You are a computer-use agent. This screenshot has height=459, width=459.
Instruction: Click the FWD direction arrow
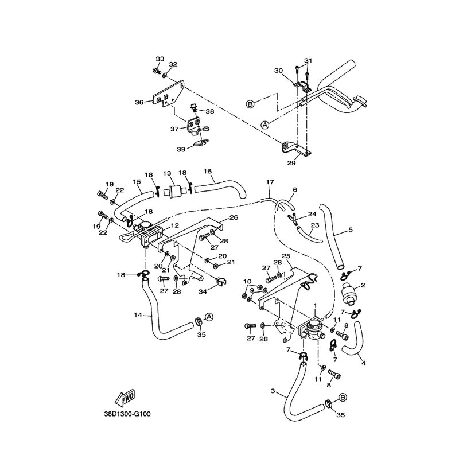coord(125,397)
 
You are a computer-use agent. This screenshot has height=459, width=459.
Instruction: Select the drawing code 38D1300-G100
coord(126,413)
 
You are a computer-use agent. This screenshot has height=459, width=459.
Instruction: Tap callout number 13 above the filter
coord(167,173)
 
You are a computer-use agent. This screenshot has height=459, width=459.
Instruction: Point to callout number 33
coord(160,59)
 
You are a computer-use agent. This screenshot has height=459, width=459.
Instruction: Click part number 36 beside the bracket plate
coord(139,102)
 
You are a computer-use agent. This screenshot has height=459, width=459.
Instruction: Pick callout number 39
coord(181,149)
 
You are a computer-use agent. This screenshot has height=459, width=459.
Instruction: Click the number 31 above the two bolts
coord(309,61)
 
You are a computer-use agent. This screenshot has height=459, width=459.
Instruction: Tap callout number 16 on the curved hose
coord(208,171)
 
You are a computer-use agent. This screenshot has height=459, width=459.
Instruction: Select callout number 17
coord(269,182)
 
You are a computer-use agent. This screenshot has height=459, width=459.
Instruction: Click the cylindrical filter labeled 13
coord(173,192)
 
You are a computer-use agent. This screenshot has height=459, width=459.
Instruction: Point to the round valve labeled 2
coord(348,292)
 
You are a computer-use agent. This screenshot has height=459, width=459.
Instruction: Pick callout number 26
coord(234,217)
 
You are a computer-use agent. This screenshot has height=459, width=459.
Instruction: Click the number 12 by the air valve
coord(174,226)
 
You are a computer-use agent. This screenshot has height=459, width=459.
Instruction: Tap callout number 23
coord(314,226)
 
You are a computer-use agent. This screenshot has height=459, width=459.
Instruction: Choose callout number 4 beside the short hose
coord(363,363)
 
